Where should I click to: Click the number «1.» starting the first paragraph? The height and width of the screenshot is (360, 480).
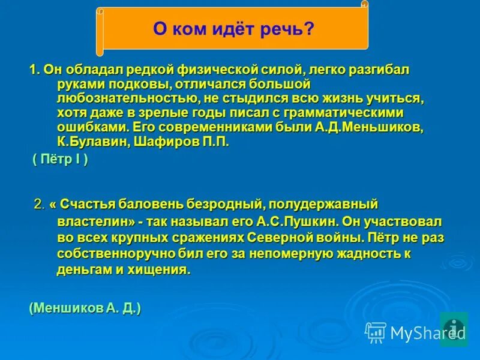[35, 70]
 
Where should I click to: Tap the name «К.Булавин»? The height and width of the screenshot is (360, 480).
[88, 142]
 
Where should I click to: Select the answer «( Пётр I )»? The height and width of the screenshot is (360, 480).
[60, 160]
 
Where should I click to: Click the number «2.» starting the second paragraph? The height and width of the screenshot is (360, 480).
[39, 205]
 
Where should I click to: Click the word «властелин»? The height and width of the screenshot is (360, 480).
[88, 221]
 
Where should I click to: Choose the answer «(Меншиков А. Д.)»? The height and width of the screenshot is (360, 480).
[85, 308]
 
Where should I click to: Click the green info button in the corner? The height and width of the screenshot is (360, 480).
[454, 328]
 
